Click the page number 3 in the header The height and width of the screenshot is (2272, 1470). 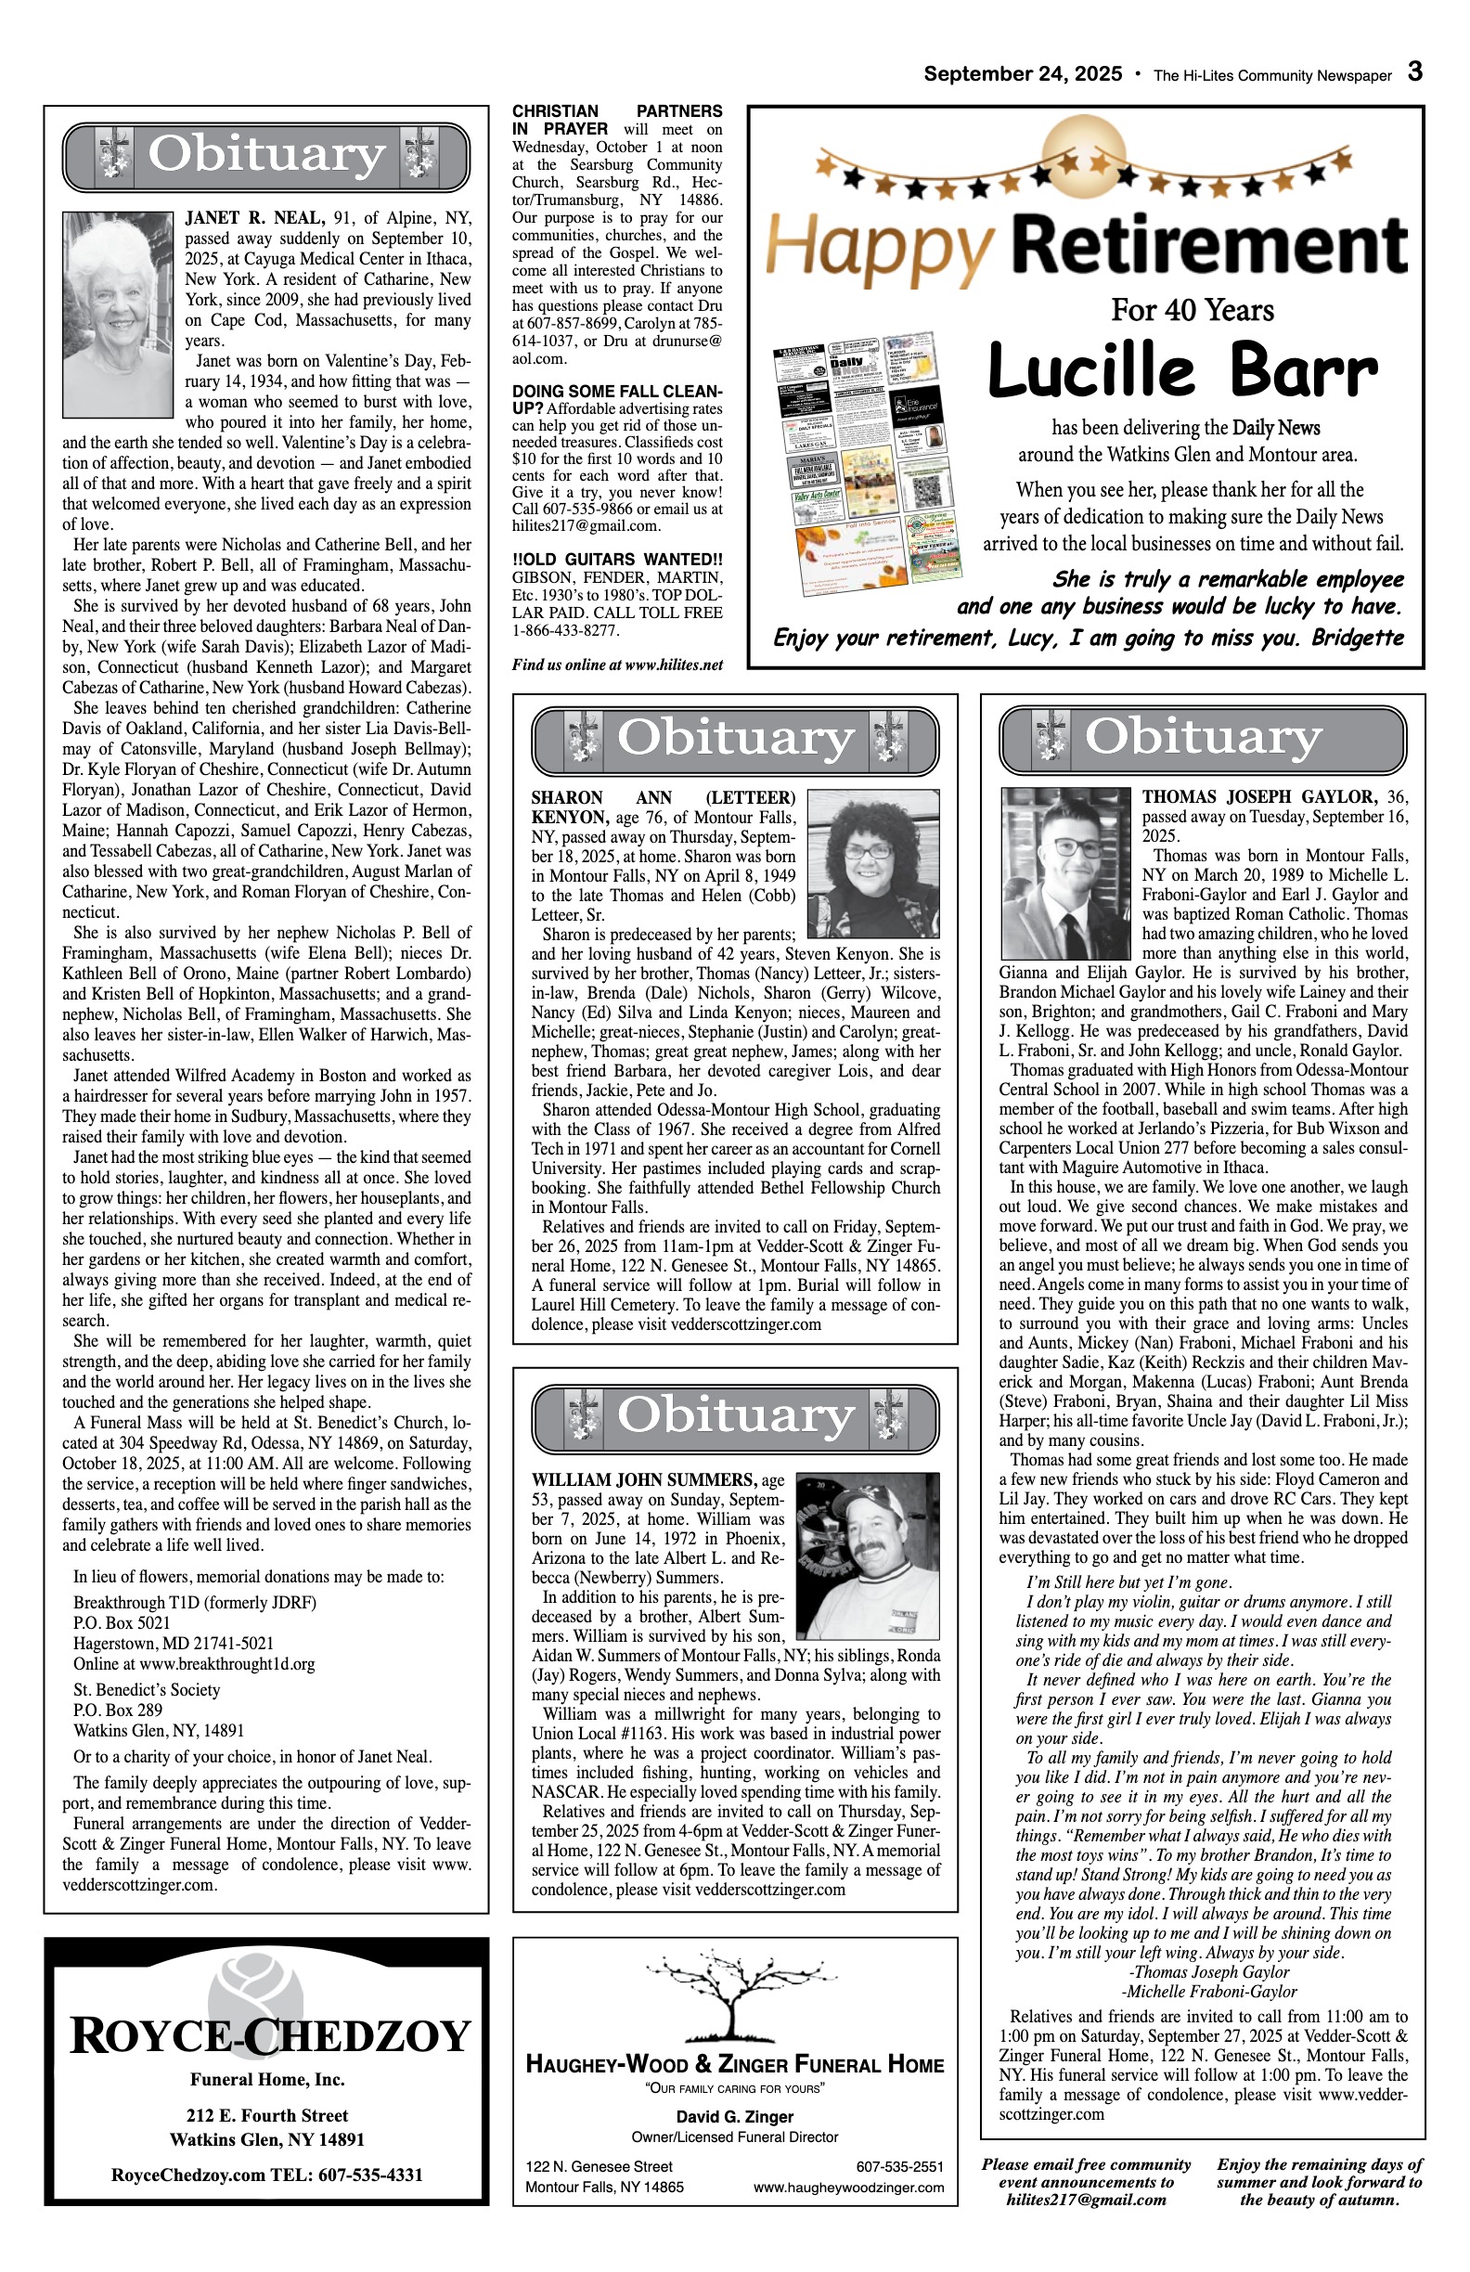coord(1414,72)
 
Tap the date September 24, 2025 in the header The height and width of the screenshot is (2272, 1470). coord(1023,74)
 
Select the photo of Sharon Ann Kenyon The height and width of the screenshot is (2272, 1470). coord(872,863)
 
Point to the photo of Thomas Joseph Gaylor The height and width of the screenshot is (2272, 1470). coord(1066,873)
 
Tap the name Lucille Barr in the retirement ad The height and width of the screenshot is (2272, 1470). coord(1181,370)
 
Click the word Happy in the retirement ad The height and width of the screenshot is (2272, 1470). coord(878,245)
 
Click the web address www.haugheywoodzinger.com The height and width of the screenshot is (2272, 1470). coord(847,2187)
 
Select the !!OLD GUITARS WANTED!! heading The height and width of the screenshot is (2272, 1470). coord(616,559)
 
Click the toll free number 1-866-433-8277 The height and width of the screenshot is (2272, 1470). coord(565,631)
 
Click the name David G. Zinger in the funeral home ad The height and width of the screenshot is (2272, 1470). coord(734,2116)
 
